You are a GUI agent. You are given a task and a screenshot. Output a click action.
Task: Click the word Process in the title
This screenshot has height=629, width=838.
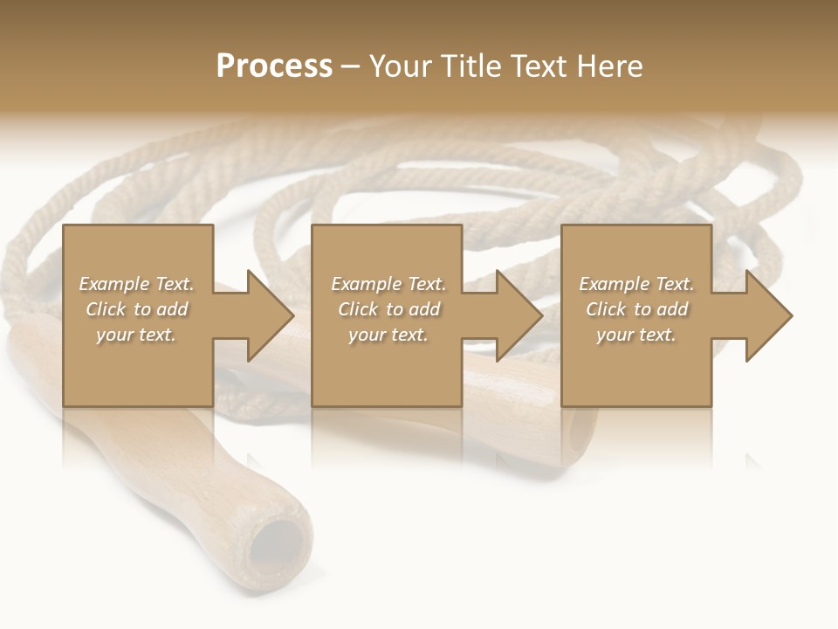coord(274,66)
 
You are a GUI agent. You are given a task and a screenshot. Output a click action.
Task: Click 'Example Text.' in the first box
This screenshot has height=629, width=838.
coord(136,284)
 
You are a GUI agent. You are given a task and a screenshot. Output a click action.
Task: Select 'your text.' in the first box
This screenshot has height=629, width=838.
coord(136,335)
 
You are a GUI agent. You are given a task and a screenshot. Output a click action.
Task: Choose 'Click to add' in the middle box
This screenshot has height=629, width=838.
coord(388,309)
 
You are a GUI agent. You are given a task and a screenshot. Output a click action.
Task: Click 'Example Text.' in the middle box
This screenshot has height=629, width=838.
coord(388,284)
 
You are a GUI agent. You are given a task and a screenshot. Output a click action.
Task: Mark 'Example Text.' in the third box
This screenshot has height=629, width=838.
coord(636,284)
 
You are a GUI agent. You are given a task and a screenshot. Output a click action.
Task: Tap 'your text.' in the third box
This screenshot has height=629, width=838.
coord(636,335)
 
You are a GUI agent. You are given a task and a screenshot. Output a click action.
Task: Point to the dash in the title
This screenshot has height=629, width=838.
coord(350,67)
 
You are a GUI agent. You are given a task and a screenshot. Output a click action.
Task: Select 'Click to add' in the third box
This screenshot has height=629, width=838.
coord(636,309)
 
